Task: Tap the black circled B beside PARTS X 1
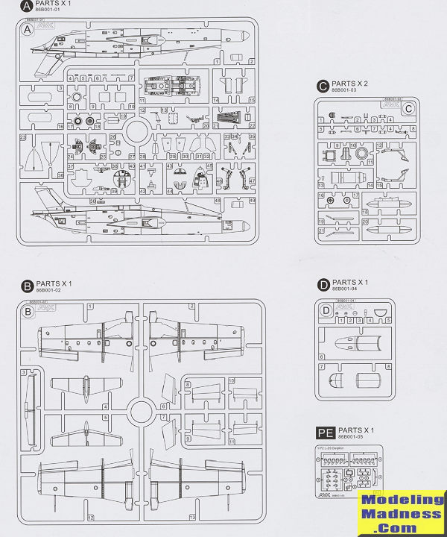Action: click(x=28, y=286)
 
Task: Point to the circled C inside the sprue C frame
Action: click(x=408, y=108)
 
